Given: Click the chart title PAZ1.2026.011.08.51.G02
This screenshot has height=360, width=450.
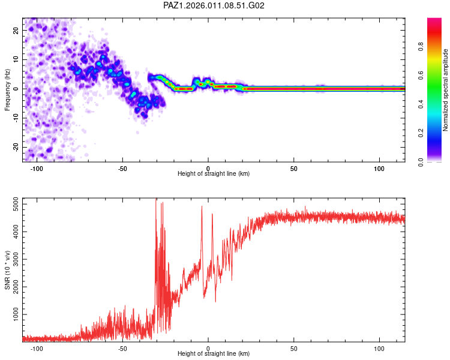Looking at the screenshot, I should coord(214,5).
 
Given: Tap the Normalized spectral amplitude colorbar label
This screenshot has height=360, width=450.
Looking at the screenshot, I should coord(445,90).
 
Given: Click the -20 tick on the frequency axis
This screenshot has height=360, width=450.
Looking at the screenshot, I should coord(16,147).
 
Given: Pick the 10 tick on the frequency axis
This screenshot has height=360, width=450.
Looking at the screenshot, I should coord(16,59).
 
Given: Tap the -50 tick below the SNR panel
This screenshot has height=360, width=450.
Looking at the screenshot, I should coord(122,348).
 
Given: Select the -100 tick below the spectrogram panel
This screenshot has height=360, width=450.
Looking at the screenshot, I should coord(37,168).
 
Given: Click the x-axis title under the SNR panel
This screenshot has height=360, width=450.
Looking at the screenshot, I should coord(214,355).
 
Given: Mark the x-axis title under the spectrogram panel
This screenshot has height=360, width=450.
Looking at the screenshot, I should coord(214,174).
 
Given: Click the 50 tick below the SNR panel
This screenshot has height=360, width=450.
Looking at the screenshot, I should coord(294,348).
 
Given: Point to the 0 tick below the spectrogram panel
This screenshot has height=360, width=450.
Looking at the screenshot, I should coord(208,168).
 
